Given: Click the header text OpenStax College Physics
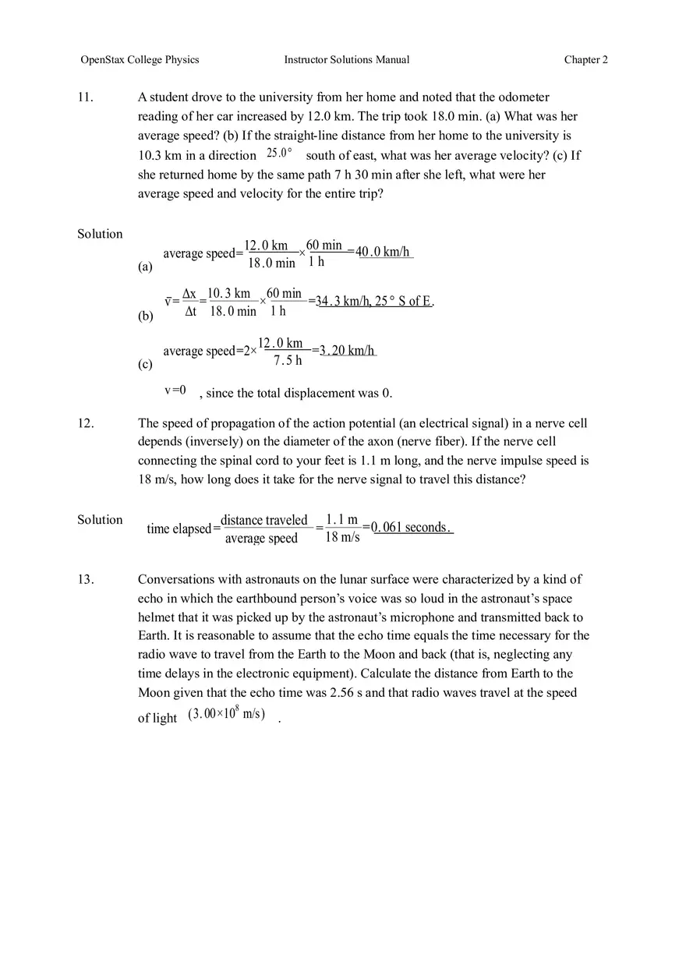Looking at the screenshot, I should point(140,60).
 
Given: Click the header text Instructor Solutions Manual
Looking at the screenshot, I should point(346,60).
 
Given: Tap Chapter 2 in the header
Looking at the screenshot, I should point(585,60).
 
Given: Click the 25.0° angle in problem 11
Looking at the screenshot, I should point(279,154).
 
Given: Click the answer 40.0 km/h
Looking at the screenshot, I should point(383,252).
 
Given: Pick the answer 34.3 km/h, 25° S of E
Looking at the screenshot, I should point(374,301).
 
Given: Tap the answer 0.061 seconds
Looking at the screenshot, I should point(411,528).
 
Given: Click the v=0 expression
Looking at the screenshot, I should point(175,391).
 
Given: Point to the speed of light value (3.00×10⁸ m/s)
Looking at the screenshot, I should point(226,715).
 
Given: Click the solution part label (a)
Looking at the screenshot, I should point(145,267).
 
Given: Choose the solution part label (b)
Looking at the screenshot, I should point(145,316).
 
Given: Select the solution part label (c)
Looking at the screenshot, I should point(145,364).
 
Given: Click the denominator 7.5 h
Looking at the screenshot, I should point(288,361).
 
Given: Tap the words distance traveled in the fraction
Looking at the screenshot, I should point(264,520).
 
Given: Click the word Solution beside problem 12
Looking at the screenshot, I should point(100,520).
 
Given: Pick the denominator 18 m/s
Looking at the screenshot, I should point(342,537).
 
